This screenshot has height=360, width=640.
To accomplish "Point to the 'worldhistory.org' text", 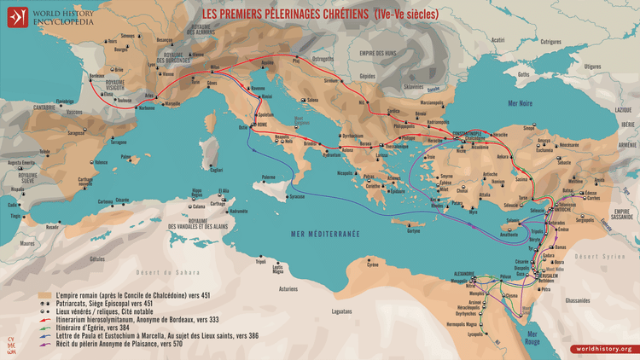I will click(603, 349).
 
